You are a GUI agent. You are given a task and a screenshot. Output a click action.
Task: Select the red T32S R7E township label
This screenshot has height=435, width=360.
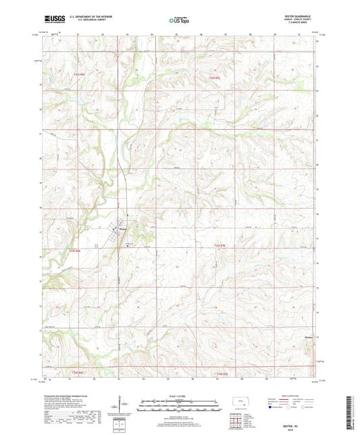click(213, 79)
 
